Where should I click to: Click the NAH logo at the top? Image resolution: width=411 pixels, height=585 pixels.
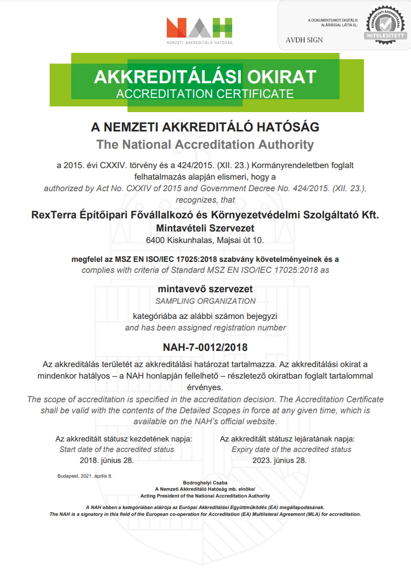[x=199, y=29]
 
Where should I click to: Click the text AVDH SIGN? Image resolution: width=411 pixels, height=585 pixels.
[x=304, y=40]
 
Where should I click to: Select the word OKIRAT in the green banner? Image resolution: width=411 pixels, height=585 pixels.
[x=282, y=77]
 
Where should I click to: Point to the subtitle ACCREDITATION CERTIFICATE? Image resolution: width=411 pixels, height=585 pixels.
[x=205, y=94]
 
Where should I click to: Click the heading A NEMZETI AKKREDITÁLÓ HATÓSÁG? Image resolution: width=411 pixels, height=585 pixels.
[x=205, y=127]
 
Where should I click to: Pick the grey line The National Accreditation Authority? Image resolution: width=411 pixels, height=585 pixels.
[x=205, y=144]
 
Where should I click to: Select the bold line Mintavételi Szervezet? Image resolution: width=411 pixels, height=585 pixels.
[x=204, y=227]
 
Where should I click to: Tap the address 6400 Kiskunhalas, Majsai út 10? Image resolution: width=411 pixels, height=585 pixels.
[x=205, y=240]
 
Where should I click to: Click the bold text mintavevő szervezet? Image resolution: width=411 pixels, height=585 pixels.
[x=205, y=289]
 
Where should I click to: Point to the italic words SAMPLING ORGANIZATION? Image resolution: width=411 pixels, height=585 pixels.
[x=205, y=301]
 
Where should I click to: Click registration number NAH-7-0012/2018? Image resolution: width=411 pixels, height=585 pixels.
[x=205, y=347]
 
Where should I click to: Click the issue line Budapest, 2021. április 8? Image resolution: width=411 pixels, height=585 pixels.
[x=85, y=476]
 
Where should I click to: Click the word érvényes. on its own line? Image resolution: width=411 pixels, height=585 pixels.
[x=205, y=388]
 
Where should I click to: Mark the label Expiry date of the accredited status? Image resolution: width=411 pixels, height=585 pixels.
[x=291, y=449]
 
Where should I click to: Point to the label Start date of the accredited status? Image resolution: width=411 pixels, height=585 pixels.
[x=117, y=449]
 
